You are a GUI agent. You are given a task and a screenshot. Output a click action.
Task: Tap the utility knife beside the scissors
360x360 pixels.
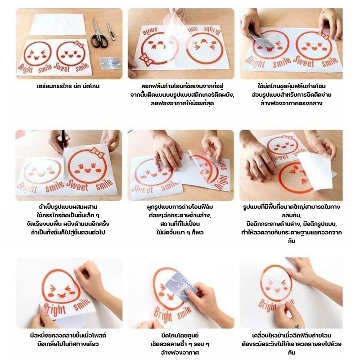110,31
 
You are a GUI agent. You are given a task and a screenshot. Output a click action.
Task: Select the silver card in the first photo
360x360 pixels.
110,63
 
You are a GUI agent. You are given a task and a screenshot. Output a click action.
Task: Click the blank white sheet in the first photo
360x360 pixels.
58,25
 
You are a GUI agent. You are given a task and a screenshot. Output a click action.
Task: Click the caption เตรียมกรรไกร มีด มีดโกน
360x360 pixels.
68,86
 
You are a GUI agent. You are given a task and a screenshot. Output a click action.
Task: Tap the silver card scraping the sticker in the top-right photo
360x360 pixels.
260,40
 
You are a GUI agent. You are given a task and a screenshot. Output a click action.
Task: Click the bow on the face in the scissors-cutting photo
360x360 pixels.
97,153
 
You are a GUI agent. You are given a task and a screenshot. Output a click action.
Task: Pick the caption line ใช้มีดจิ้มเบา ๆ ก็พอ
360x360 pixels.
180,232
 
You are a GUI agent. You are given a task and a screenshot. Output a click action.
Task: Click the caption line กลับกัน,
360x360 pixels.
291,216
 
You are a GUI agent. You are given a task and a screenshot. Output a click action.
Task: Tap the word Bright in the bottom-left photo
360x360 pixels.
54,310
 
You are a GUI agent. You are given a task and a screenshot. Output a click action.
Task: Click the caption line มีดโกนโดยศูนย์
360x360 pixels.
180,335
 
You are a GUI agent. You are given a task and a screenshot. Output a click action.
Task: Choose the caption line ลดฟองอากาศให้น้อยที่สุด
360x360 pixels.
182,103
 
